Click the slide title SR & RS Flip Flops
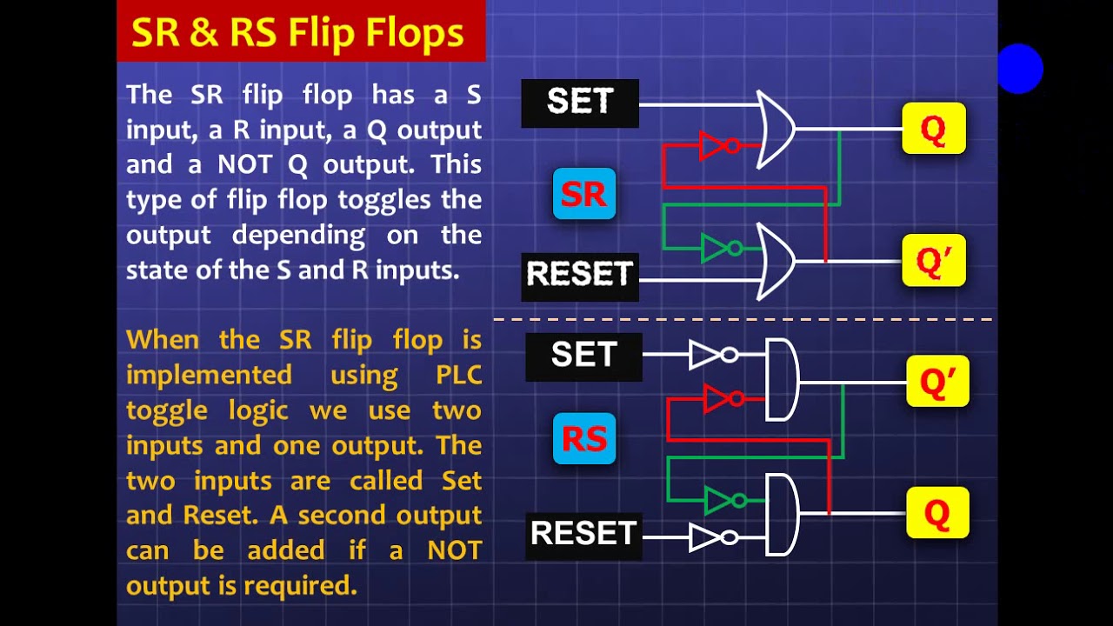click(298, 32)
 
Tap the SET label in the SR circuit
click(580, 103)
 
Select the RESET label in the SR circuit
click(580, 275)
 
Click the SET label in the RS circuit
click(583, 356)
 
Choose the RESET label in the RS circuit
click(583, 533)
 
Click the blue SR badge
click(583, 194)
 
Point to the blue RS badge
click(583, 439)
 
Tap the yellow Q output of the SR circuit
click(933, 129)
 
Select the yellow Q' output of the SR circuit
click(933, 261)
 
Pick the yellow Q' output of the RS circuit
click(937, 382)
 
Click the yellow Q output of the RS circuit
click(937, 514)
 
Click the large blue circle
click(1019, 69)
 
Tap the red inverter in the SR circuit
click(718, 146)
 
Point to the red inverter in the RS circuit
click(723, 399)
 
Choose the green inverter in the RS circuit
click(724, 501)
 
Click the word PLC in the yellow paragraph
click(458, 376)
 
